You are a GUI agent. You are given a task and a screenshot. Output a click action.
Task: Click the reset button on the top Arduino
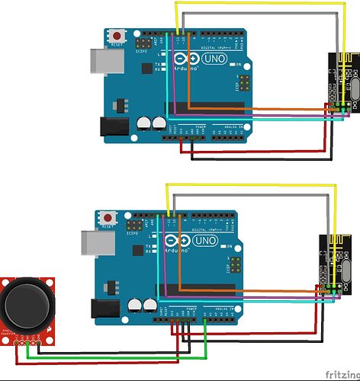pos(117,36)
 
